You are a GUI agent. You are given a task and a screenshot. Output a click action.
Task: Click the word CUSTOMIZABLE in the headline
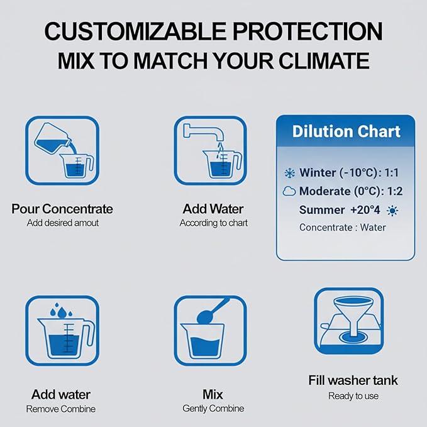(135, 31)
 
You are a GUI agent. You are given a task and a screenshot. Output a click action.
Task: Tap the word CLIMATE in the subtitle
(324, 60)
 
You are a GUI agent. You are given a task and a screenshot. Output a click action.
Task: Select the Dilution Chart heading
(346, 131)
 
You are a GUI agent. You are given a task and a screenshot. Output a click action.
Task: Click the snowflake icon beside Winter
(289, 173)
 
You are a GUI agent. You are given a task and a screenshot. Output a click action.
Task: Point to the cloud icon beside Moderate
(289, 191)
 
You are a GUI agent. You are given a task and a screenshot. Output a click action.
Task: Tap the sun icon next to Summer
(392, 211)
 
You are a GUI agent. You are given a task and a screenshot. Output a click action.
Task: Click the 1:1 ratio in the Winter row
(391, 173)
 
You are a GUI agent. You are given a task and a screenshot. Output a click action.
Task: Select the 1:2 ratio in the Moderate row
(395, 191)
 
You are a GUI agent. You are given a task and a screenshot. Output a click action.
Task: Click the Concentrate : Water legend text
(342, 228)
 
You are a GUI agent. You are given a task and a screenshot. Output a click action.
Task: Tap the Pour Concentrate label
(62, 209)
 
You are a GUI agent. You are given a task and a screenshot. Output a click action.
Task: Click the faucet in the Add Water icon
(204, 133)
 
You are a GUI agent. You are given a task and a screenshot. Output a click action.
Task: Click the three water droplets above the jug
(62, 311)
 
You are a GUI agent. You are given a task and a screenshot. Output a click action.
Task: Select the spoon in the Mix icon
(213, 311)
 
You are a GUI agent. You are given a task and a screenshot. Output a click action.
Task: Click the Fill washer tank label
(353, 380)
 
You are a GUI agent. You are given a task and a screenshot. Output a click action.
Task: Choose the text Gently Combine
(213, 409)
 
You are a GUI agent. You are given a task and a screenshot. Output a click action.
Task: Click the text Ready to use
(353, 396)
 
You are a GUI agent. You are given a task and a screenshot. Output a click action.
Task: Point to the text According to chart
(214, 223)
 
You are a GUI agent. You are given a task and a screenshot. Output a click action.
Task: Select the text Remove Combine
(61, 409)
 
